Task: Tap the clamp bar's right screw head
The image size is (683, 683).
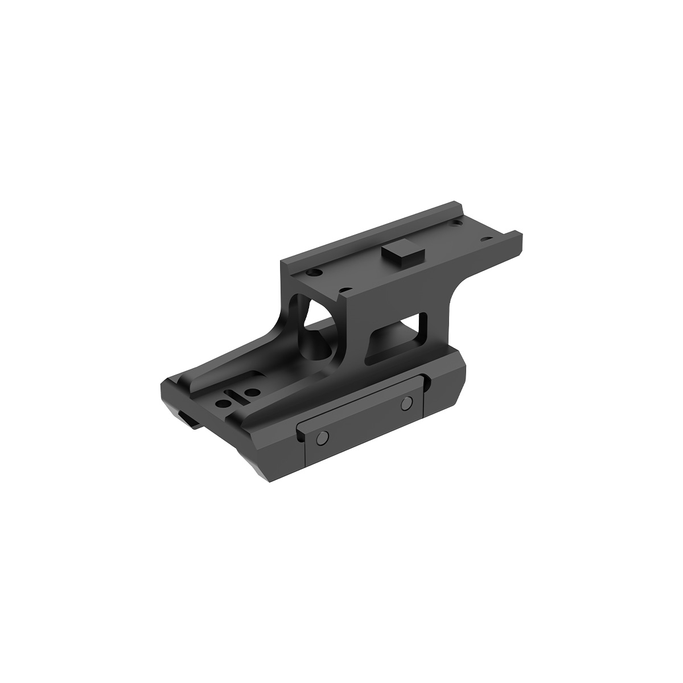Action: (x=406, y=403)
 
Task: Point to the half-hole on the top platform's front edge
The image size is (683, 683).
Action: (x=341, y=291)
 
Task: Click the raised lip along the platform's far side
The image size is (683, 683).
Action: (x=370, y=233)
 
